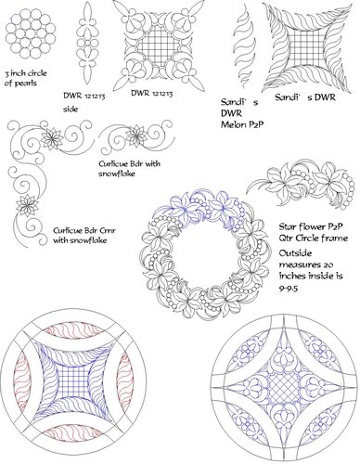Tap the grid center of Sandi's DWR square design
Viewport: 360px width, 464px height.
pos(302,52)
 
